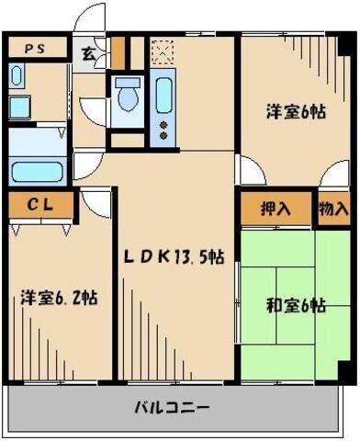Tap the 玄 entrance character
tap(87, 52)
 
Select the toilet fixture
tap(128, 96)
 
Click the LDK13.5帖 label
tap(174, 257)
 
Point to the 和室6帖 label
tap(296, 306)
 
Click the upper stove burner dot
tap(164, 122)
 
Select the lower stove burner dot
tap(164, 134)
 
